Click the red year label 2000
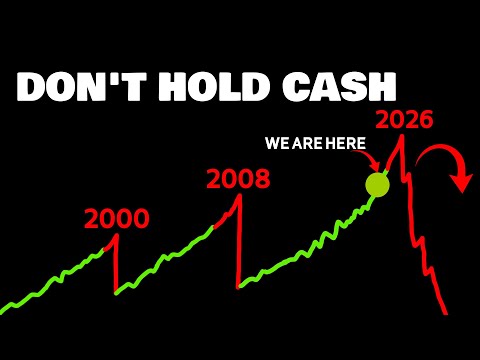[116, 219]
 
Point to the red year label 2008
[238, 180]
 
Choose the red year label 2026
[403, 121]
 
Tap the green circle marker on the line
[377, 184]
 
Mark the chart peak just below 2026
[402, 136]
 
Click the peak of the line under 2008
[240, 195]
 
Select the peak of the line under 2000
[117, 235]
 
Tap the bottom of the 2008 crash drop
[239, 287]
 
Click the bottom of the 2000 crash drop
[116, 293]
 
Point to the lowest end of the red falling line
[445, 313]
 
